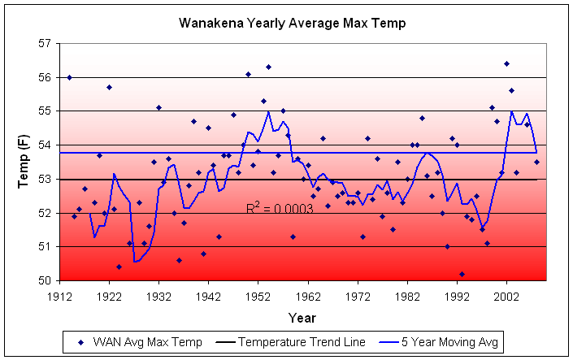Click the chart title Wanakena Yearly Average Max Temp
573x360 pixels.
(292, 24)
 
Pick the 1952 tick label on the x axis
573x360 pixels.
(258, 296)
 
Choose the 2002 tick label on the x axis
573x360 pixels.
(506, 296)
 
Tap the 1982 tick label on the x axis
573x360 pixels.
(407, 296)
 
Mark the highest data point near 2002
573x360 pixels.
(506, 63)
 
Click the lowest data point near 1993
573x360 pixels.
(462, 274)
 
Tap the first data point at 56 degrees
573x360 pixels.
(69, 77)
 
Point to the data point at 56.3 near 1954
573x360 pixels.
(268, 67)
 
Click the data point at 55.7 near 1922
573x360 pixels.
(109, 87)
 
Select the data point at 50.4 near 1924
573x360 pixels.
(119, 267)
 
